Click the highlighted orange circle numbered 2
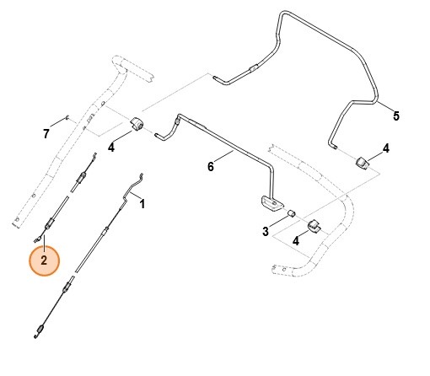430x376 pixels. [x=44, y=261]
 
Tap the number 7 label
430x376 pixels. [x=46, y=133]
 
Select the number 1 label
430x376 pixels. [x=142, y=204]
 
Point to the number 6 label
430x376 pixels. [x=211, y=166]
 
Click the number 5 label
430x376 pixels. [x=396, y=115]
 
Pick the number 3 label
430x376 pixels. [x=265, y=232]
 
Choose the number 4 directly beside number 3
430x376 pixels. [x=296, y=241]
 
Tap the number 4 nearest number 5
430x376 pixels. [x=385, y=148]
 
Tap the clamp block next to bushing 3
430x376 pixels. [x=314, y=225]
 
